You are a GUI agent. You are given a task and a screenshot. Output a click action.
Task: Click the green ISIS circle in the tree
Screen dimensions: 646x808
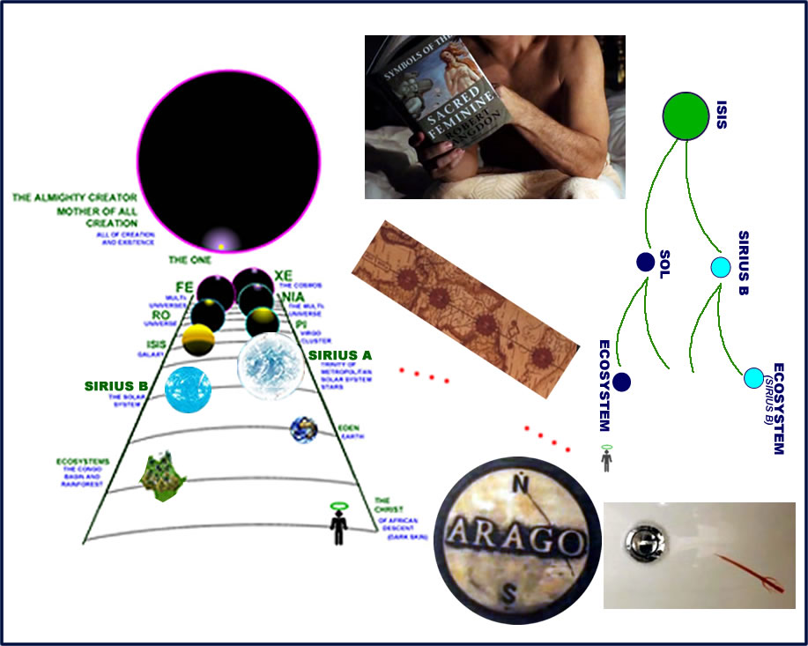tap(686, 115)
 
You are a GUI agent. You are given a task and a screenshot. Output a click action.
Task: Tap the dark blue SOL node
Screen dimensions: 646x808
tap(646, 262)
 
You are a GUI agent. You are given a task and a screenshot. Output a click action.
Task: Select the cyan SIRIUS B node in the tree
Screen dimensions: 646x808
tap(721, 266)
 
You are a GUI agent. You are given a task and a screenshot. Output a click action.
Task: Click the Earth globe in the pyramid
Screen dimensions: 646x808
tap(304, 430)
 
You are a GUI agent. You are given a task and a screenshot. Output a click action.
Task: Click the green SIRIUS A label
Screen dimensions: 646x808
tap(340, 355)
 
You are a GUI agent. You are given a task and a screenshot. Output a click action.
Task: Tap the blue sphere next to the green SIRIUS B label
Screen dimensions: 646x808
tap(189, 389)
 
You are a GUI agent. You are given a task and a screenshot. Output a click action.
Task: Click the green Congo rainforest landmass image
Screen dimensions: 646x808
tap(163, 473)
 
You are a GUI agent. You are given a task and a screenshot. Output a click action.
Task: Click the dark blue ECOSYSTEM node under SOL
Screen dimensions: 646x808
tap(622, 382)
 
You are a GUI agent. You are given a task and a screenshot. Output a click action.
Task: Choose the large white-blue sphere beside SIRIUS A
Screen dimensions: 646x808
tap(271, 368)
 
